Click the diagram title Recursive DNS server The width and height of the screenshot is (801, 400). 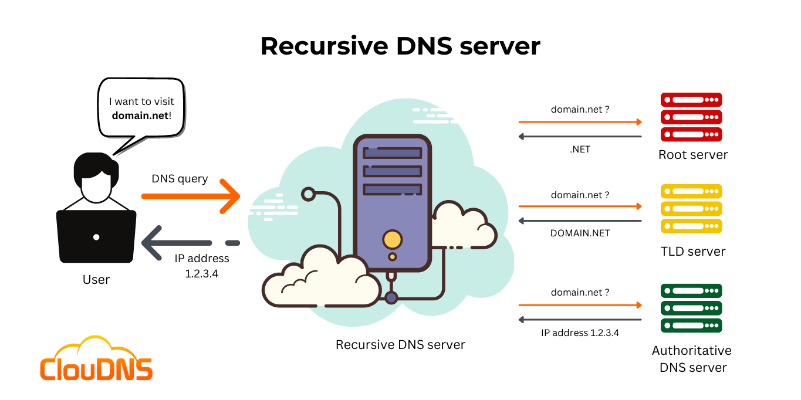click(x=400, y=46)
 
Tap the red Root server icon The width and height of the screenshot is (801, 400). click(x=691, y=117)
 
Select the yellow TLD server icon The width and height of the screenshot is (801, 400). click(x=691, y=209)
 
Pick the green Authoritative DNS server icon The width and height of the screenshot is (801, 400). click(x=691, y=309)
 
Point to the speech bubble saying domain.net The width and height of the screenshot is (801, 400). click(x=141, y=109)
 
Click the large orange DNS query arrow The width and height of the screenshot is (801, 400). click(x=191, y=196)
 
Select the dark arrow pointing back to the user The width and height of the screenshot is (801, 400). click(x=176, y=243)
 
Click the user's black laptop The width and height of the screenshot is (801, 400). click(x=96, y=236)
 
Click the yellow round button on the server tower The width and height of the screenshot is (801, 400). click(x=392, y=239)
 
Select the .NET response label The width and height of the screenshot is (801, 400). click(x=580, y=150)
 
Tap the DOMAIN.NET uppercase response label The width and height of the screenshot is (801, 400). click(x=580, y=233)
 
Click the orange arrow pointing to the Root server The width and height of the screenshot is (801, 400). click(x=580, y=122)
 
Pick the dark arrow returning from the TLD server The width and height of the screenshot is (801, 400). click(x=580, y=221)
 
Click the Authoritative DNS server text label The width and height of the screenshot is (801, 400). click(x=692, y=359)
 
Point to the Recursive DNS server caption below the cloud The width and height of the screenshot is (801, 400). click(x=400, y=345)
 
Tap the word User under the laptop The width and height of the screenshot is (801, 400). click(x=96, y=280)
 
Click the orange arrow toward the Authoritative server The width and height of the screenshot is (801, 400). click(x=580, y=306)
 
